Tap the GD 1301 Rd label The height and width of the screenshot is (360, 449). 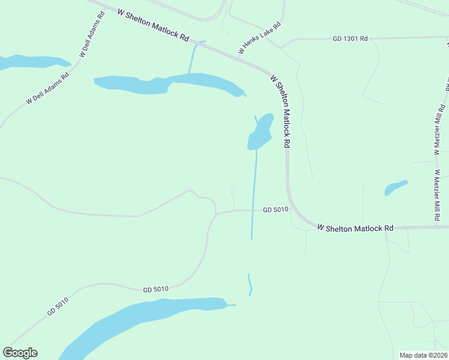click(349, 38)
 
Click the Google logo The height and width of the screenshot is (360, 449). click(20, 353)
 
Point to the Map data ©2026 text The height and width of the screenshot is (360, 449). click(423, 355)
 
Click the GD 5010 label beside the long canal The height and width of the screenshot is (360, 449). click(276, 209)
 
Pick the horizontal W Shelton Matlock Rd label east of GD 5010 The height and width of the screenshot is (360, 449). click(355, 228)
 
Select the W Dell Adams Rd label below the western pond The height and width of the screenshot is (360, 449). click(48, 88)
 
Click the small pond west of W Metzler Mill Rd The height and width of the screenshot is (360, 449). click(396, 188)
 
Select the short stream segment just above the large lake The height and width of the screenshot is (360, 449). click(250, 284)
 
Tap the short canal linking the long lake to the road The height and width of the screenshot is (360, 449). click(192, 58)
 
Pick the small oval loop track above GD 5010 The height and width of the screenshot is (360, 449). click(232, 190)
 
